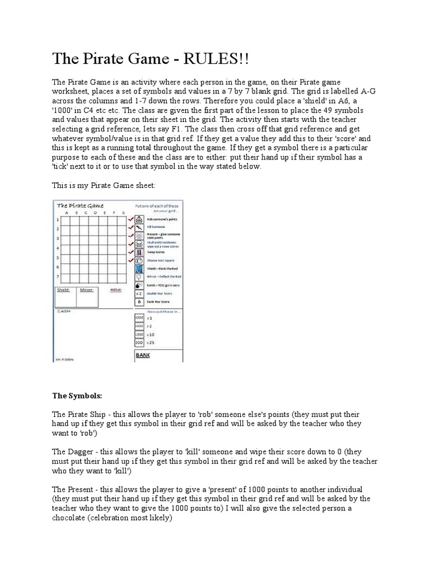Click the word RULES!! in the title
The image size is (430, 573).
pos(203,59)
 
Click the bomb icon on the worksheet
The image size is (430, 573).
pos(139,285)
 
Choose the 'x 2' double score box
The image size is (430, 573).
pos(139,293)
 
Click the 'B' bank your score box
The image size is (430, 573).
pos(139,302)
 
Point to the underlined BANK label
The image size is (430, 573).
pos(143,355)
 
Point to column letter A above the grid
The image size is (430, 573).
pos(67,213)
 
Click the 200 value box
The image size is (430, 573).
pos(139,342)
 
